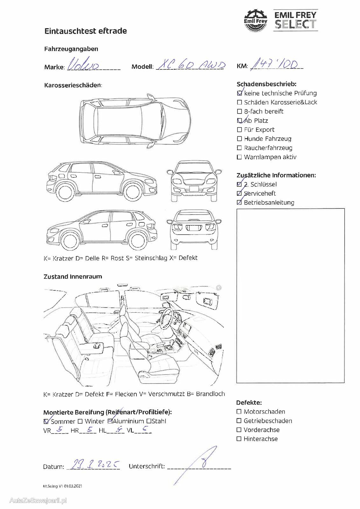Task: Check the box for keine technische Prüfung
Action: click(239, 93)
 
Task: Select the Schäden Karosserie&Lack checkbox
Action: click(239, 102)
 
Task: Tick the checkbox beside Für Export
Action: click(239, 130)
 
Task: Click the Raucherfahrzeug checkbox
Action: click(239, 148)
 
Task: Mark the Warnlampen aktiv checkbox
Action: click(239, 157)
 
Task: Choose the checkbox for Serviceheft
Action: click(239, 193)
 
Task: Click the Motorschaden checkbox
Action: click(239, 412)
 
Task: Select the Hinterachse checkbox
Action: click(239, 439)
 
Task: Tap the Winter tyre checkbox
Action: click(80, 421)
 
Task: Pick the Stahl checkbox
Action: click(149, 421)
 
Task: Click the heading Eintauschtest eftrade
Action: click(86, 31)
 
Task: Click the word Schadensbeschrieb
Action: click(266, 84)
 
